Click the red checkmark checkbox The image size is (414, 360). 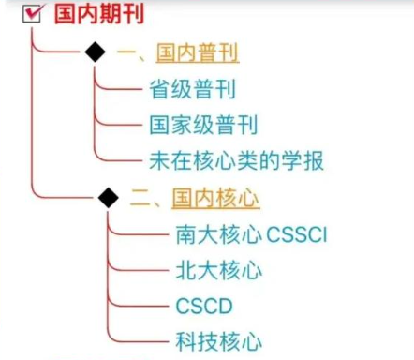coord(32,14)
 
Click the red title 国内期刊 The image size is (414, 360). coord(99,14)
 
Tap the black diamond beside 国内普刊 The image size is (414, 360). coord(96,52)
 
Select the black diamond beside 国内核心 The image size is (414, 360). coord(109,198)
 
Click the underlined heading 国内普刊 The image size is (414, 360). coord(198,52)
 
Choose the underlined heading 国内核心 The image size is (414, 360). coord(215,198)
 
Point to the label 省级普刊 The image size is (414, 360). coord(193,89)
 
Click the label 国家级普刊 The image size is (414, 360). coord(203,125)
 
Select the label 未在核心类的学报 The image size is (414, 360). coord(237,160)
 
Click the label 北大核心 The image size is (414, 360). coord(219,270)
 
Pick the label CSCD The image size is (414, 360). coord(204,306)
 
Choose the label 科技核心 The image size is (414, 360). coord(219,341)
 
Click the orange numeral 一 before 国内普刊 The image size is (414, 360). coord(126,52)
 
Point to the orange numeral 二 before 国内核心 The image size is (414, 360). coord(140,199)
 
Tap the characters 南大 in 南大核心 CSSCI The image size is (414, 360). coord(197,234)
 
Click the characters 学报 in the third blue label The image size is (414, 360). coord(303,160)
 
